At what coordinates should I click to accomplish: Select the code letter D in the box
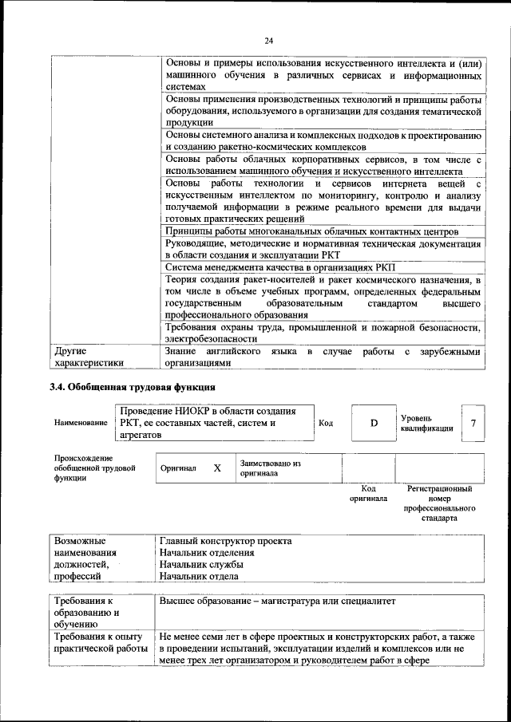coord(374,423)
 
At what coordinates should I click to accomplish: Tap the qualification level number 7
coord(473,423)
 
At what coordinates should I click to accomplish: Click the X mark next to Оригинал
coord(217,468)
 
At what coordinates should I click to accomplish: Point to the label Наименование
coord(81,423)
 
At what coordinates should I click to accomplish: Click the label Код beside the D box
coord(326,423)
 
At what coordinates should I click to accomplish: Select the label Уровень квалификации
coord(427,423)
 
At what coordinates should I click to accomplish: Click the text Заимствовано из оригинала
coord(270,468)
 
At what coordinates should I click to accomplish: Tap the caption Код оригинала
coord(368,493)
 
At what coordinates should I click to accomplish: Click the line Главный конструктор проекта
coord(225,541)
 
